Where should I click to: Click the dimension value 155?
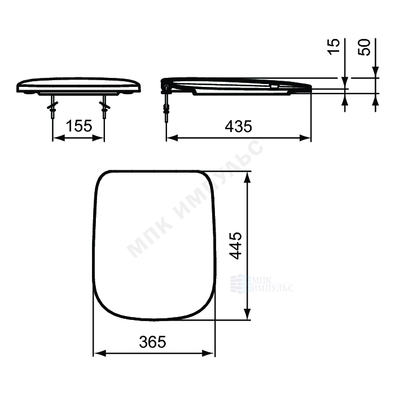(x=79, y=126)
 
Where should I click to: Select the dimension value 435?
(x=238, y=126)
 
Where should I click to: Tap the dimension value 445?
(x=235, y=245)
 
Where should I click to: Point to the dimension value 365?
(x=152, y=341)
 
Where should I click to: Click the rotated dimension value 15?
(x=333, y=46)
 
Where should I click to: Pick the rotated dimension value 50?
(x=364, y=47)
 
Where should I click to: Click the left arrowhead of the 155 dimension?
(x=58, y=138)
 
